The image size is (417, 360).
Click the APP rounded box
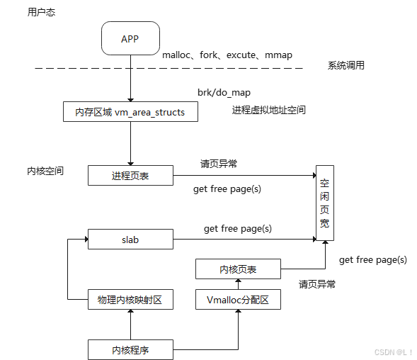click(130, 38)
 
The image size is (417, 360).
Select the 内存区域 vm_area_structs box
click(130, 112)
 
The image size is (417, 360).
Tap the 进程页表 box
click(130, 175)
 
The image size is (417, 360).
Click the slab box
click(130, 240)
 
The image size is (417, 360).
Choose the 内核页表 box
click(238, 269)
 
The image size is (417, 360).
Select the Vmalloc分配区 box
click(238, 300)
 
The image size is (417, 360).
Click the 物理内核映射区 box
click(130, 300)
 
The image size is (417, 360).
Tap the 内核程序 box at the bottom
click(130, 349)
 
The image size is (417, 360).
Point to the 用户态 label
click(40, 12)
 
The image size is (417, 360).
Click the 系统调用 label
click(346, 66)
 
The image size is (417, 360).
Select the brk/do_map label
click(224, 93)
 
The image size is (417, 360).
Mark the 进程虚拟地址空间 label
click(268, 111)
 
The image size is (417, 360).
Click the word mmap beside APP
click(278, 55)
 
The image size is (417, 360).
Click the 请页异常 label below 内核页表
click(317, 284)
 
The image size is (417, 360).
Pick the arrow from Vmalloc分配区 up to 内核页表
click(238, 285)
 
